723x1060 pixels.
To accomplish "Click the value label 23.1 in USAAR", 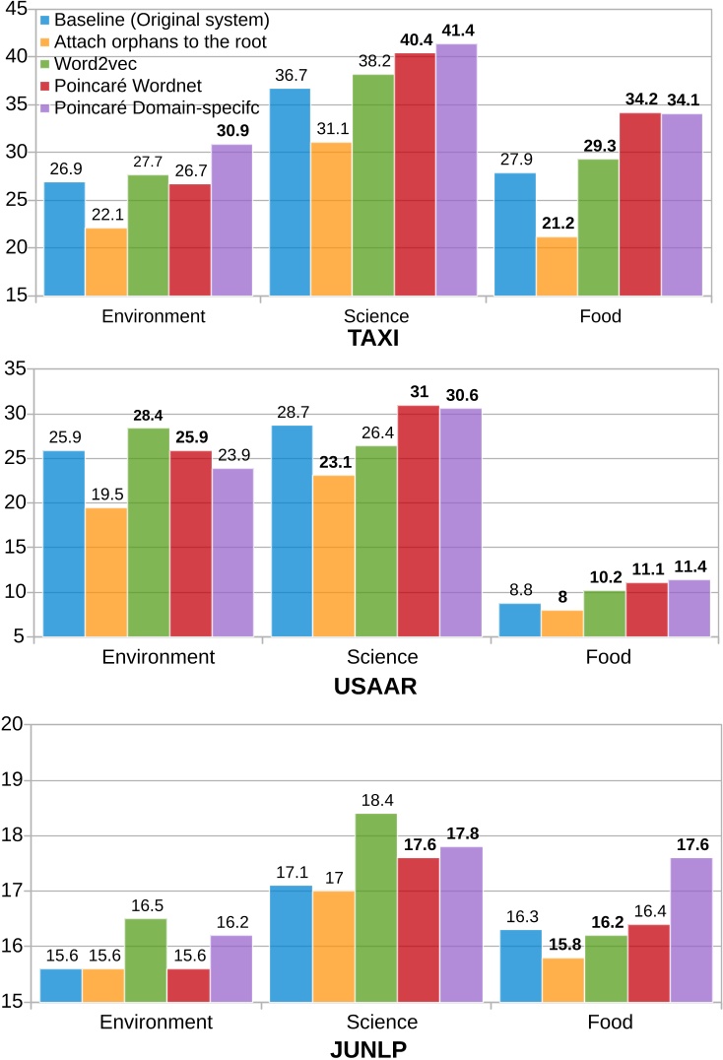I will point(333,461).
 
